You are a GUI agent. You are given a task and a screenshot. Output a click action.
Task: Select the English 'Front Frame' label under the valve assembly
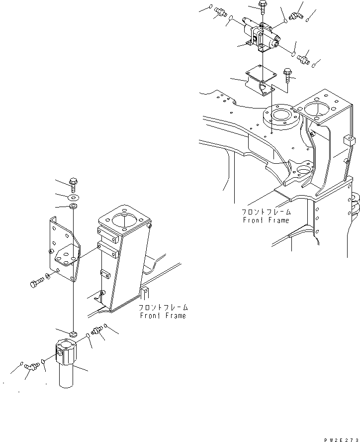[266, 220]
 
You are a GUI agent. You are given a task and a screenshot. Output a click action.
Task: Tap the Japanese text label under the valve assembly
[267, 212]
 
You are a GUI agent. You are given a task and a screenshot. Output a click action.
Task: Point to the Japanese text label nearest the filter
[163, 308]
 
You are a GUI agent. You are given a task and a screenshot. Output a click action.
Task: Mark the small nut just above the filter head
[73, 333]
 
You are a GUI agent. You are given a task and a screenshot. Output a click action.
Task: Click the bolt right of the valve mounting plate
[287, 75]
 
